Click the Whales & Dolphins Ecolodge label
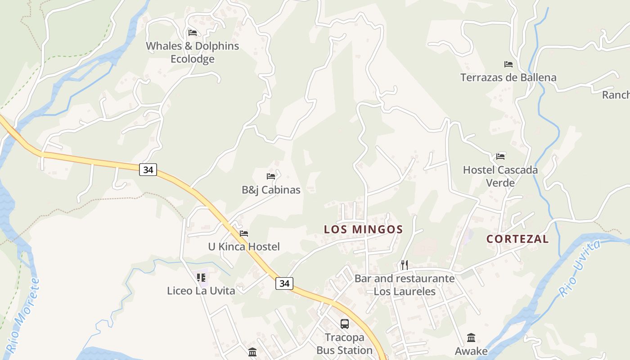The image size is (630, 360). coord(193,52)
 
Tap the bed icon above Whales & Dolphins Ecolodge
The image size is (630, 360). coord(193,33)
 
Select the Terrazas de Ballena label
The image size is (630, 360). coord(508,77)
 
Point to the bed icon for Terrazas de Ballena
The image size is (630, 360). coord(508,64)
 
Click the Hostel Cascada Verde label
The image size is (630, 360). coord(500,176)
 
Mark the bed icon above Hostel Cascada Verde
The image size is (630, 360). coord(500,157)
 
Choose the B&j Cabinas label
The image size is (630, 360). coord(271,190)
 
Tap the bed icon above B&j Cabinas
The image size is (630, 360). coord(271,176)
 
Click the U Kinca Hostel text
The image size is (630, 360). coord(244,247)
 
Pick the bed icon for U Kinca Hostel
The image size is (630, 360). coord(244,234)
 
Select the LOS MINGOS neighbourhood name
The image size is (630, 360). coord(363,229)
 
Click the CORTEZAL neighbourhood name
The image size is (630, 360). coord(517,239)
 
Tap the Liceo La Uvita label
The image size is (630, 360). coord(201,291)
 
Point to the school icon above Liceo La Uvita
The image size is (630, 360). coord(201,278)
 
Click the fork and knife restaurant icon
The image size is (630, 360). coord(405,265)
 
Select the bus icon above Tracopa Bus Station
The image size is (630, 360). coord(344,324)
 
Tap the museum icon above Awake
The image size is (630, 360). coord(471,337)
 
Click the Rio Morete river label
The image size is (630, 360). coord(22,315)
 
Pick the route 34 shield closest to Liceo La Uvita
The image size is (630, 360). coord(284,283)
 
